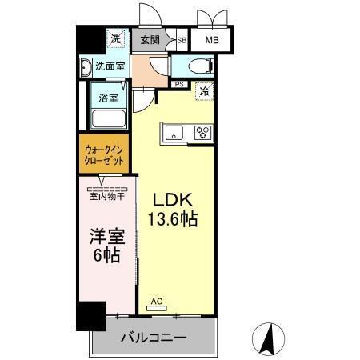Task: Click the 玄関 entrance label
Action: [x=150, y=39]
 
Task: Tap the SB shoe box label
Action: [x=182, y=39]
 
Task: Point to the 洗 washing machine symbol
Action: [x=115, y=38]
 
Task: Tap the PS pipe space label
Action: [x=179, y=82]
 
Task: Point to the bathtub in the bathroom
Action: [x=108, y=119]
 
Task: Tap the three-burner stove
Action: [x=202, y=133]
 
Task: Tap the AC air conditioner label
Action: [x=158, y=302]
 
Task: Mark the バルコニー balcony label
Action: [x=154, y=337]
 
